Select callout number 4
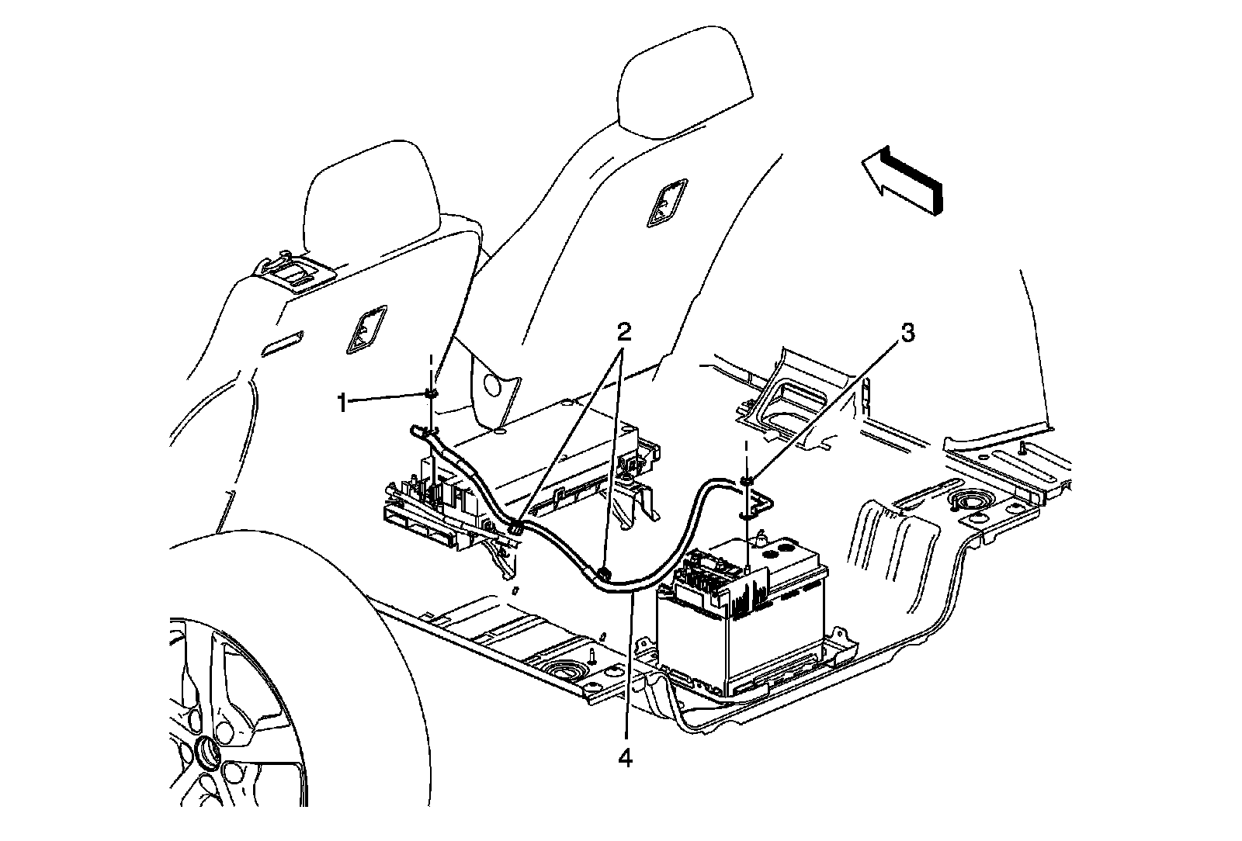(x=624, y=758)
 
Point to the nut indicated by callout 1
(x=431, y=394)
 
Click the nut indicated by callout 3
(x=747, y=481)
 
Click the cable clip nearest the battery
(x=604, y=573)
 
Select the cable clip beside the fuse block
(x=515, y=529)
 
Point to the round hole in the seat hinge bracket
(x=491, y=386)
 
